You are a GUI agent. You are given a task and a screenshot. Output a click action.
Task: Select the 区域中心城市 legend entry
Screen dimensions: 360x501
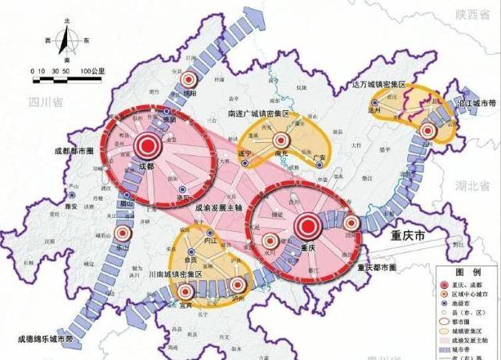click(x=478, y=294)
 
